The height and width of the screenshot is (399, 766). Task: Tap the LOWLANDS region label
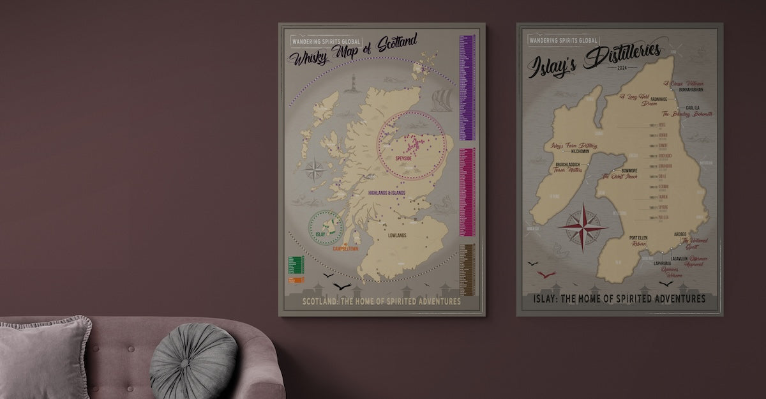(x=397, y=236)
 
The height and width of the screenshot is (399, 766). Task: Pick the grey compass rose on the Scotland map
(x=314, y=170)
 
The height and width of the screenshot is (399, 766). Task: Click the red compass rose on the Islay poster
(x=583, y=227)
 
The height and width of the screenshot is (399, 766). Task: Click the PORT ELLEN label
(x=642, y=236)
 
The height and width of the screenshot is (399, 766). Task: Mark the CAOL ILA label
(x=695, y=108)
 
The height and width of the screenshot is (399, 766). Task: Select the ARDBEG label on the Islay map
(x=680, y=234)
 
